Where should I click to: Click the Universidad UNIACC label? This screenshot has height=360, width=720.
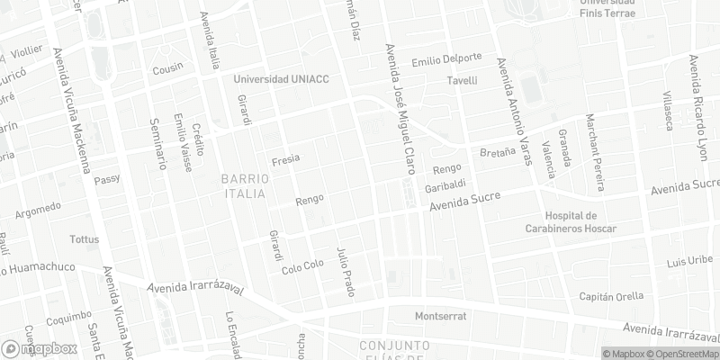281,79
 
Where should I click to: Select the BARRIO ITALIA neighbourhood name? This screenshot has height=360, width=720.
243,186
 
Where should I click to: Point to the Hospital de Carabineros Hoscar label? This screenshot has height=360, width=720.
580,222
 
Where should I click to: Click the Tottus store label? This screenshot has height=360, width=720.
85,239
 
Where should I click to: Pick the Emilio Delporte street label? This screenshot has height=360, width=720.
446,61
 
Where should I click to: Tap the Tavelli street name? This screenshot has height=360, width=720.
462,81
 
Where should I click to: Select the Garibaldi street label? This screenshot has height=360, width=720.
445,187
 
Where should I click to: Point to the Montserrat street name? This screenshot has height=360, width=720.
440,317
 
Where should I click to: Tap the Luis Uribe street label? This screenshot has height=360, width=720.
689,262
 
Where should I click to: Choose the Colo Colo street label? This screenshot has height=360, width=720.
302,267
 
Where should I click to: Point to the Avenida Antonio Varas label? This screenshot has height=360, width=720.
517,105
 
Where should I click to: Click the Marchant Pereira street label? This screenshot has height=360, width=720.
593,153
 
